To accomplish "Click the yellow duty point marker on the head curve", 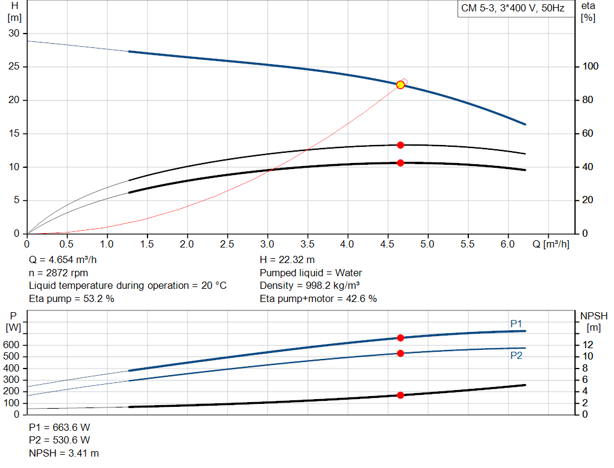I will tap(401, 84).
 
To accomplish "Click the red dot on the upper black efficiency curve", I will tap(401, 145).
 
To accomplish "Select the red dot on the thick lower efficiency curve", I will tap(401, 163).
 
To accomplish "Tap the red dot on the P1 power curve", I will tap(401, 338).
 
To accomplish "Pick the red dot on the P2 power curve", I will tap(401, 353).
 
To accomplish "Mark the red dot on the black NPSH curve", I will tap(401, 395).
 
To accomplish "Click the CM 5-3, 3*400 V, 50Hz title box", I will tap(513, 9).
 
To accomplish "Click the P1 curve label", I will tap(516, 324).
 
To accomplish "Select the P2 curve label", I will tap(516, 355).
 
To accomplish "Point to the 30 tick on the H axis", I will tap(13, 34).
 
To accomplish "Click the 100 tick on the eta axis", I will tap(587, 67).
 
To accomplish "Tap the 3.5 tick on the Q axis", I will tap(307, 244).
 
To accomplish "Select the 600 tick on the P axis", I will tap(13, 345).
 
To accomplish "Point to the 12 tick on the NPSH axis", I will tap(588, 345).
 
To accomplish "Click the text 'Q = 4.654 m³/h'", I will tap(63, 259).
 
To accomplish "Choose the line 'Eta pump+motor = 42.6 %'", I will tap(318, 298).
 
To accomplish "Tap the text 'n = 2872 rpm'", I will tap(59, 273).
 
